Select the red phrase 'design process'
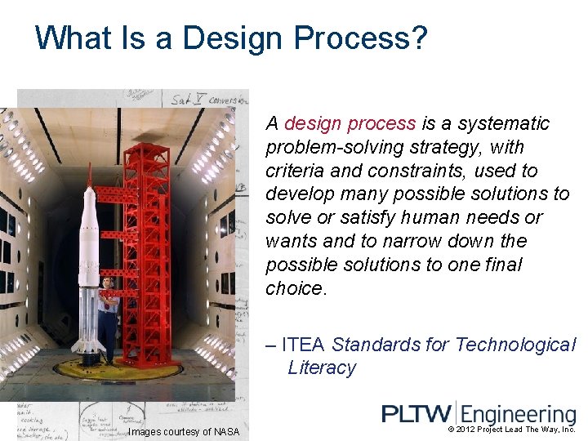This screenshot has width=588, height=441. click(x=350, y=123)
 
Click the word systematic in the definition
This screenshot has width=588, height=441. click(x=504, y=123)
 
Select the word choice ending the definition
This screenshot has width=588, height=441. click(x=295, y=288)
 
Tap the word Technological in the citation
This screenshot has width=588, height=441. click(x=515, y=345)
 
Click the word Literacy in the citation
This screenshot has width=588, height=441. click(x=322, y=367)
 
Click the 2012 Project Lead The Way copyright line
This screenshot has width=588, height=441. click(x=512, y=429)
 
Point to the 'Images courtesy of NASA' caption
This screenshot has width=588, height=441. click(x=184, y=432)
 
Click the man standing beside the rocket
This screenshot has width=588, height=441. click(x=108, y=314)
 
